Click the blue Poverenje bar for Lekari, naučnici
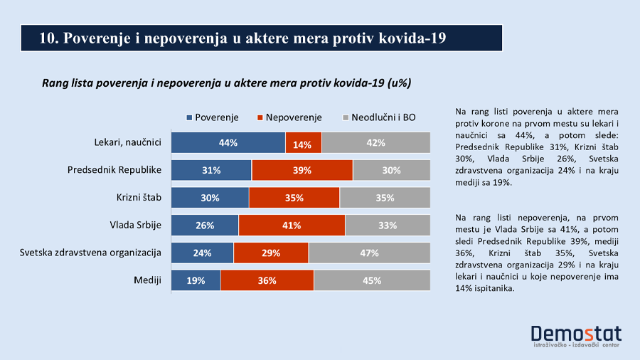pos(228,143)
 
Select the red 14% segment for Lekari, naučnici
pos(303,144)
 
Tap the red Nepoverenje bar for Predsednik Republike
pos(302,171)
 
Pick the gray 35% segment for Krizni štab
pos(385,198)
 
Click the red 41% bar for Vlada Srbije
pos(292,226)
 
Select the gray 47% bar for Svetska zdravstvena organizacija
pos(369,253)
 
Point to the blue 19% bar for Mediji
pos(196,280)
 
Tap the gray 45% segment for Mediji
pos(372,280)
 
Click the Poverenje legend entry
pos(212,117)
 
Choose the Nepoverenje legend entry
pos(289,117)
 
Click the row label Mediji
pos(147,280)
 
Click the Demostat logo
pos(576,335)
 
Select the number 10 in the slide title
pos(48,38)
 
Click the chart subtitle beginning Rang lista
pos(227,83)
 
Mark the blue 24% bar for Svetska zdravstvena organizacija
pos(203,253)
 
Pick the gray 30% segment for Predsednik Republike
pos(391,171)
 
